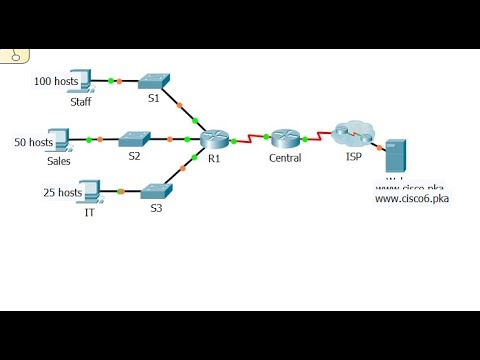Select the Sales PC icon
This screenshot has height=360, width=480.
pyautogui.click(x=58, y=139)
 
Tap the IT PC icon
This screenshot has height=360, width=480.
pyautogui.click(x=89, y=190)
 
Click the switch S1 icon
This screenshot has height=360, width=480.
pyautogui.click(x=154, y=80)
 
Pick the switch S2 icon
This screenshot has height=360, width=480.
pyautogui.click(x=135, y=139)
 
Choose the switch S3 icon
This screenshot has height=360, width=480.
pyautogui.click(x=156, y=190)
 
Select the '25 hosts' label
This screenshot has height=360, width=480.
pyautogui.click(x=62, y=192)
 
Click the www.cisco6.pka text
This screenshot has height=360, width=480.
pyautogui.click(x=412, y=199)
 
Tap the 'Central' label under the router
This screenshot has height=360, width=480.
pyautogui.click(x=286, y=159)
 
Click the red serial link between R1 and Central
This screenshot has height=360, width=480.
pyautogui.click(x=250, y=138)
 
